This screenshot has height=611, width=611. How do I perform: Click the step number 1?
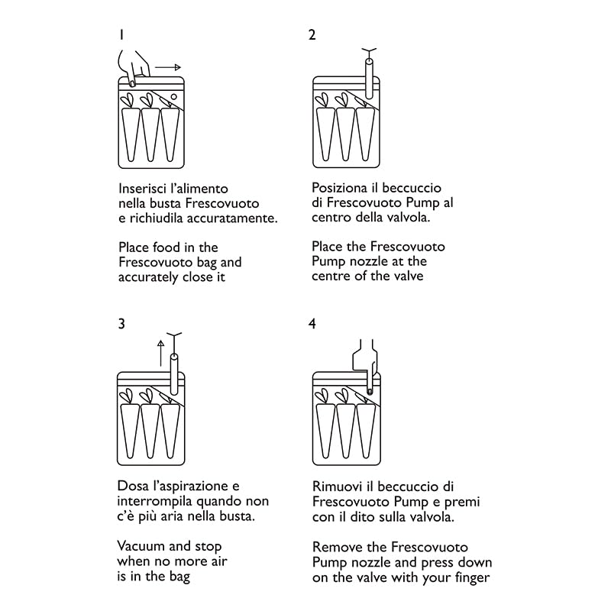[121, 34]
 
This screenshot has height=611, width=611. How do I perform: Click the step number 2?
[312, 34]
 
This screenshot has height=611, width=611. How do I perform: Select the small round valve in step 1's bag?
[173, 97]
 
